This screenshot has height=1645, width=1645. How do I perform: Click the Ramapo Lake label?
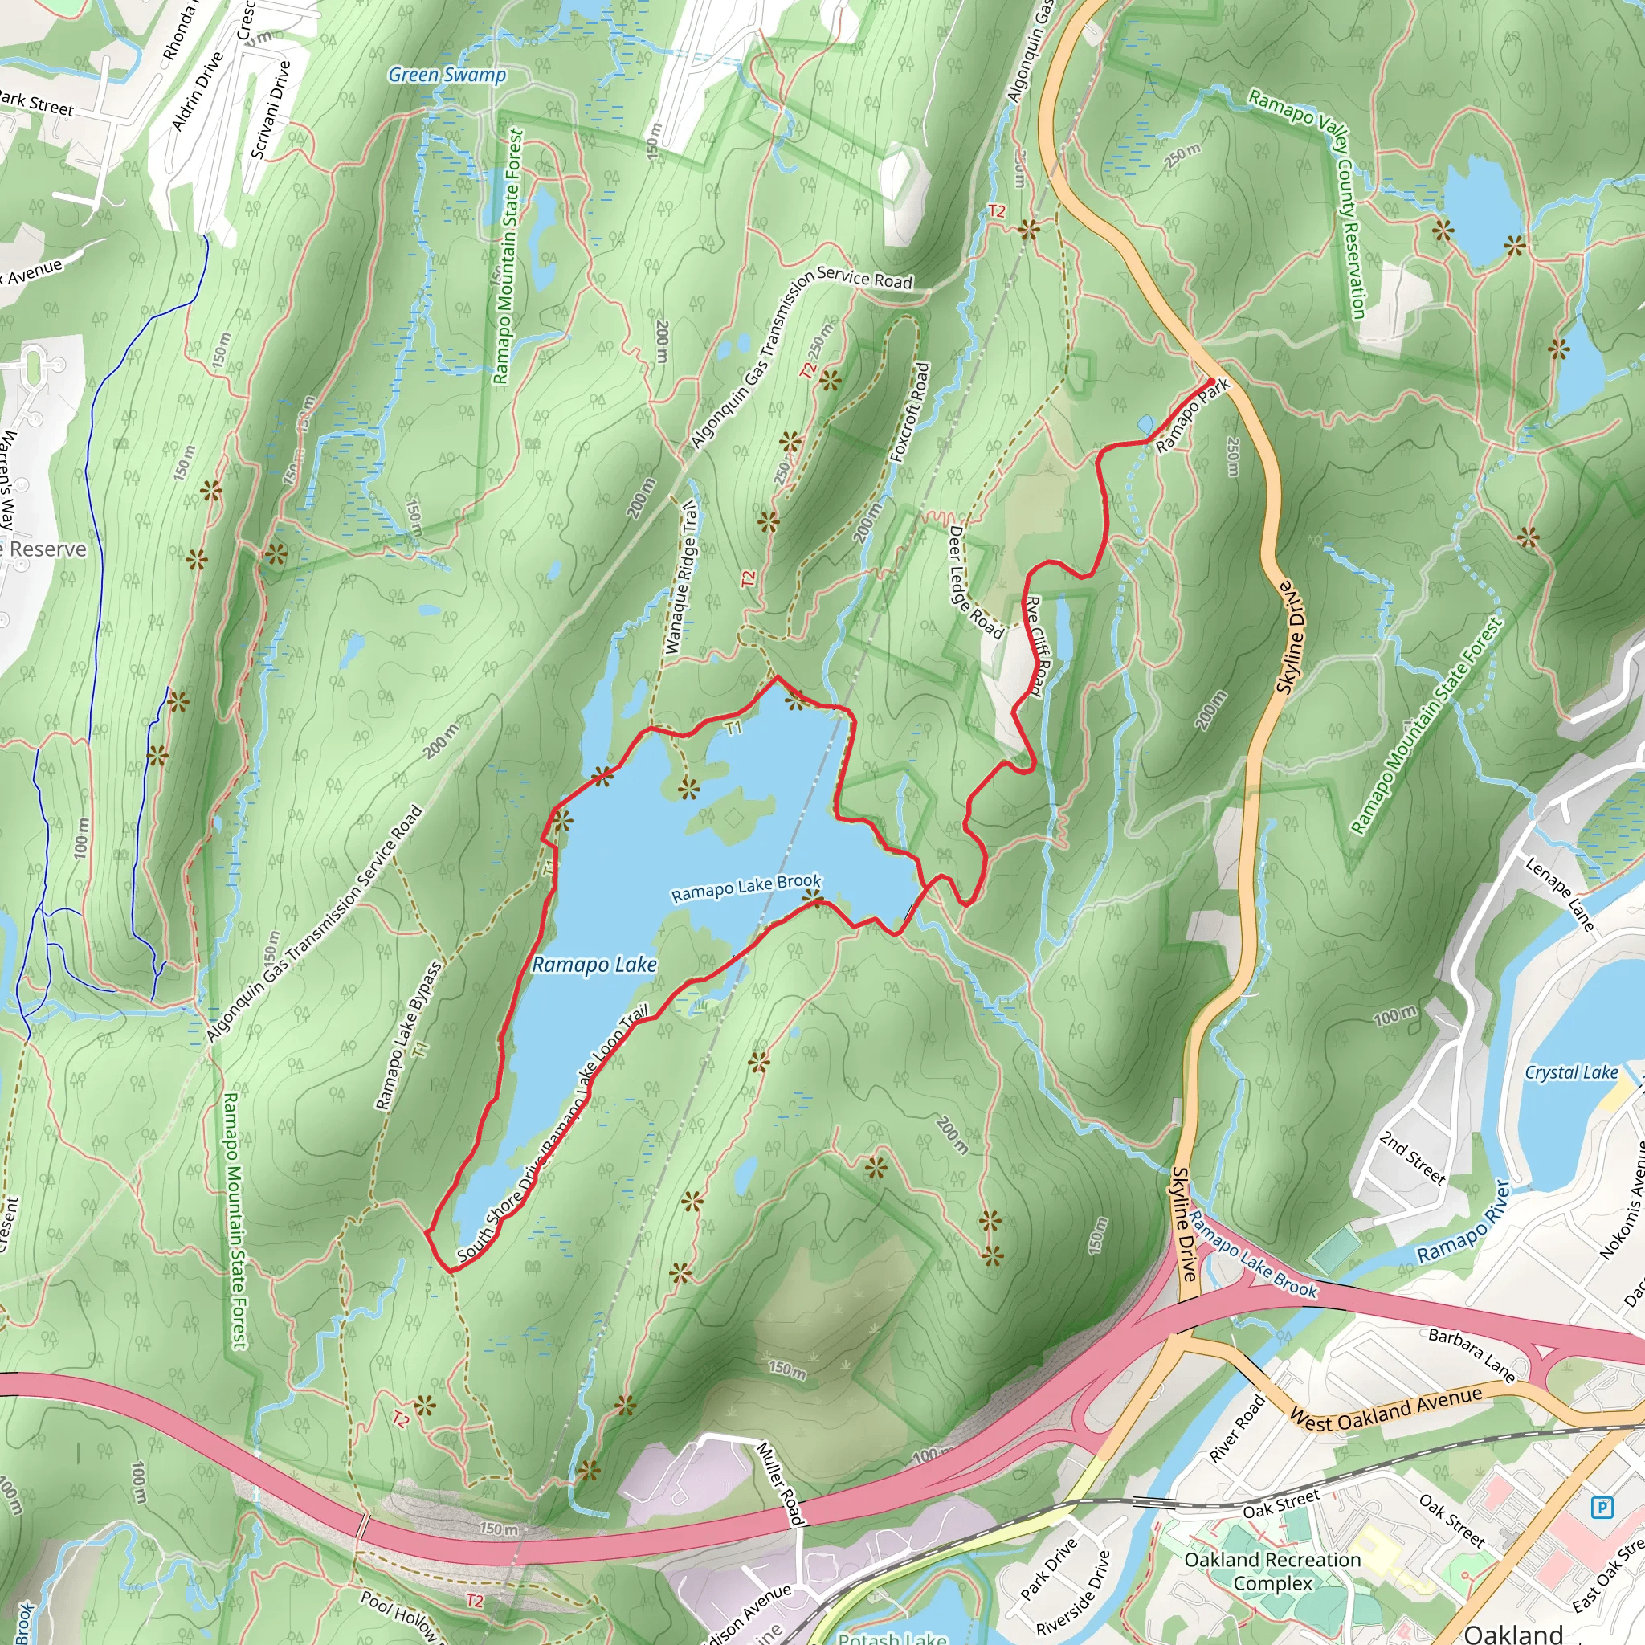(x=594, y=965)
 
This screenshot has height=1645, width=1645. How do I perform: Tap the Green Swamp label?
(x=447, y=75)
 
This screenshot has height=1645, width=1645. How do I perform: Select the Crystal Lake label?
(x=1571, y=1073)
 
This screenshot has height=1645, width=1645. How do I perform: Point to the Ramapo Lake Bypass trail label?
(x=410, y=1035)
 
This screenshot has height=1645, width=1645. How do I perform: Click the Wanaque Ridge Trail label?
(x=681, y=578)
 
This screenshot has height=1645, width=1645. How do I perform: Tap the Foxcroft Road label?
(x=910, y=413)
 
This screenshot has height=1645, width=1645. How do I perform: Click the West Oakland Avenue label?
(x=1386, y=1409)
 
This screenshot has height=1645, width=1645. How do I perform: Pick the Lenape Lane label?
(x=1559, y=894)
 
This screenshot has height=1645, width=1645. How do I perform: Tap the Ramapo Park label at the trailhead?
(x=1193, y=416)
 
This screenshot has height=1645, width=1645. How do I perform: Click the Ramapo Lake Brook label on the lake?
(x=746, y=888)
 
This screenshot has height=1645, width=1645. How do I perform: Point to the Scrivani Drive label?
(x=271, y=109)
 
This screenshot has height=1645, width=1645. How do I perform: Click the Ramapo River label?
(x=1463, y=1222)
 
